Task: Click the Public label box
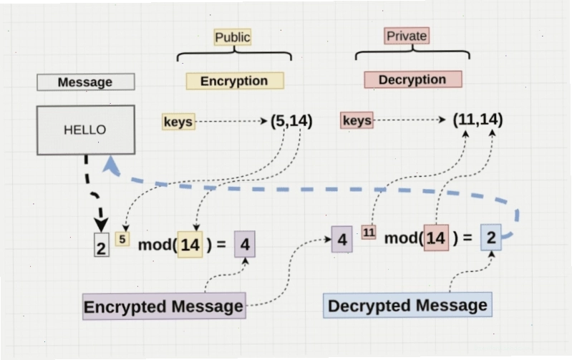coord(233,37)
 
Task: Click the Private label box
coord(407,36)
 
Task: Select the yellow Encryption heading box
coord(235,81)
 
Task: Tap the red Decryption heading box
coord(413,79)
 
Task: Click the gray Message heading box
coord(86,82)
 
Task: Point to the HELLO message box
coord(86,130)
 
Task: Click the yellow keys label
coord(178,122)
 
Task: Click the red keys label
coord(357,120)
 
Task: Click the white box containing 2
coord(102,245)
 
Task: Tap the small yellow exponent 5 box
coord(122,239)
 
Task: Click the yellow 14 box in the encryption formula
coord(190,244)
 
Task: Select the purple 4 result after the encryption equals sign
coord(244,244)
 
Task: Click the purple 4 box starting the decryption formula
coord(341,239)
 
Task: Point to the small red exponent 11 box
coord(369,233)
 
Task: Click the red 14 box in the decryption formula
coord(436,238)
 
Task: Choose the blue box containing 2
coord(491,238)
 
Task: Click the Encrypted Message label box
coord(164,306)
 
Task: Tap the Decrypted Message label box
coord(407,305)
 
